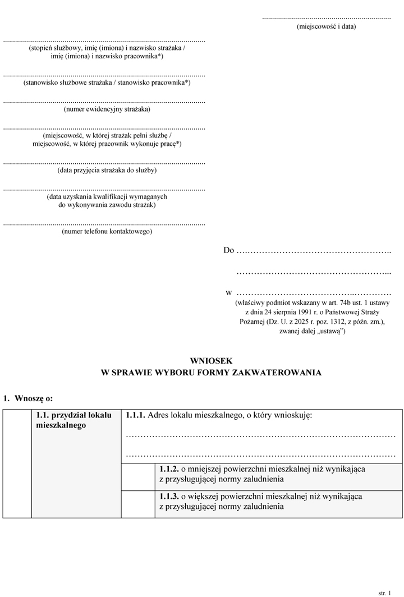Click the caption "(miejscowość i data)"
point(326,26)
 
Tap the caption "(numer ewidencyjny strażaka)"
point(107,109)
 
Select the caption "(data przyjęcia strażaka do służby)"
point(107,170)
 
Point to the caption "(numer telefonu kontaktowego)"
point(107,231)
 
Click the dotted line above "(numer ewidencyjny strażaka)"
point(104,102)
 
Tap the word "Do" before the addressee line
point(228,250)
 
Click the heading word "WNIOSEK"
point(210,361)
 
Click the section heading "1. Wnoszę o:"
point(28,398)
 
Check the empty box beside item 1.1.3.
point(138,503)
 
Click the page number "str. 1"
point(384,592)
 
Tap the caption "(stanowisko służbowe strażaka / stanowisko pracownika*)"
point(107,82)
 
